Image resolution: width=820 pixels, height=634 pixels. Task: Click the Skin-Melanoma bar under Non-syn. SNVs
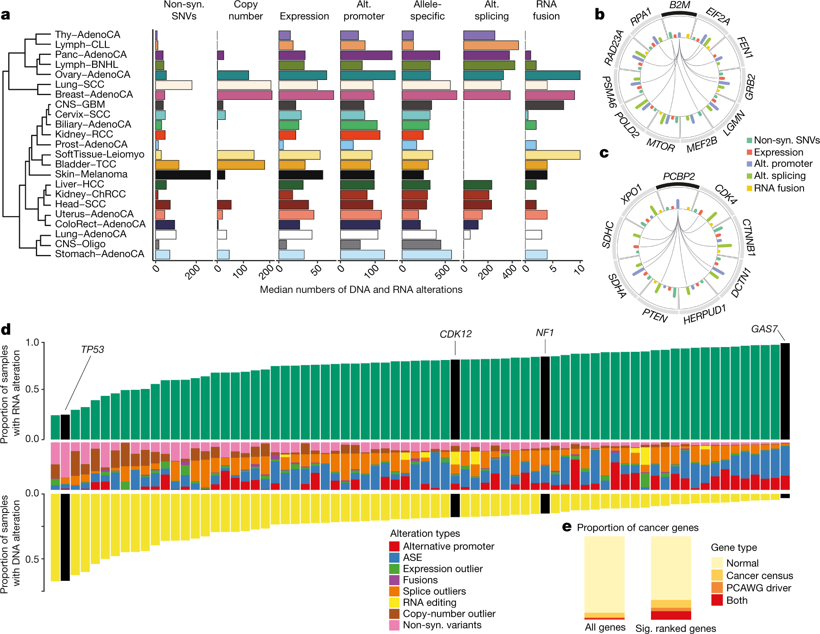pyautogui.click(x=183, y=175)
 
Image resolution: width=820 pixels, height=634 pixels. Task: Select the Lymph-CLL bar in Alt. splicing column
pyautogui.click(x=491, y=45)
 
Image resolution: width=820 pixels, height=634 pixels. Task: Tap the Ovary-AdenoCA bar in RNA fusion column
pyautogui.click(x=552, y=75)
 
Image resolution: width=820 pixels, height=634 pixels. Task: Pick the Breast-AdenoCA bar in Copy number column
pyautogui.click(x=245, y=95)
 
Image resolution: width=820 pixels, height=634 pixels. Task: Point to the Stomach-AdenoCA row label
pyautogui.click(x=99, y=254)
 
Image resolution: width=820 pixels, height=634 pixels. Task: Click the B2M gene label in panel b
pyautogui.click(x=680, y=6)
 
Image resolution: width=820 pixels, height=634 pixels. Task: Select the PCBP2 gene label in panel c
pyautogui.click(x=679, y=176)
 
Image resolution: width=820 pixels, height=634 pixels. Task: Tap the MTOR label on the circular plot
pyautogui.click(x=660, y=146)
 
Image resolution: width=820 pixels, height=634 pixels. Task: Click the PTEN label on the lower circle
pyautogui.click(x=655, y=316)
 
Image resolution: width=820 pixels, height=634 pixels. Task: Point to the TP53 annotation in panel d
pyautogui.click(x=93, y=349)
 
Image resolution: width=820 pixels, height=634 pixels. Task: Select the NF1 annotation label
pyautogui.click(x=545, y=333)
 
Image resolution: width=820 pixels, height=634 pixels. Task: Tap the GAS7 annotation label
pyautogui.click(x=764, y=329)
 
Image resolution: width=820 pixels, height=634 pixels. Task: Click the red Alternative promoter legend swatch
pyautogui.click(x=394, y=546)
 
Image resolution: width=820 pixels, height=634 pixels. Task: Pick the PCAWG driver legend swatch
pyautogui.click(x=717, y=588)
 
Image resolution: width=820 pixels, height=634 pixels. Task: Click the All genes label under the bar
pyautogui.click(x=605, y=627)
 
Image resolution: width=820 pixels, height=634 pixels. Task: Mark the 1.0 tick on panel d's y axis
pyautogui.click(x=32, y=343)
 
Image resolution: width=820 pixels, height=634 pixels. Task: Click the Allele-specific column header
pyautogui.click(x=427, y=10)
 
